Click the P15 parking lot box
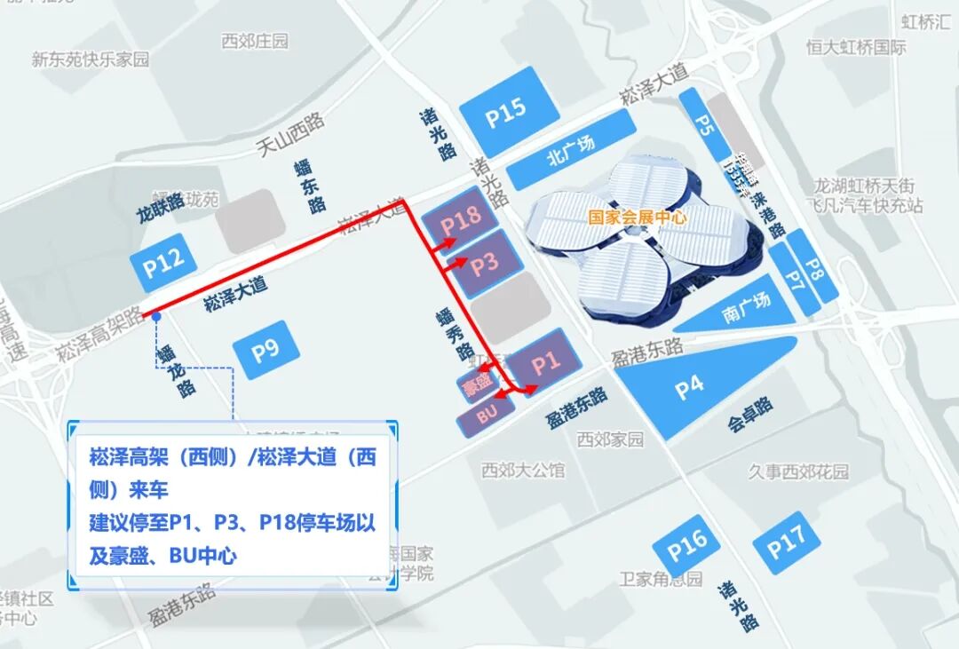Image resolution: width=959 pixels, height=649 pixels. pos(505,110)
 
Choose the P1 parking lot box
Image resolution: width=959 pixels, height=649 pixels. pos(547,361)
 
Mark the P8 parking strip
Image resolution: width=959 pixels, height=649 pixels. pos(810,268)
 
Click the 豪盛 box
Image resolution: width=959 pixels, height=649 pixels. pos(477,384)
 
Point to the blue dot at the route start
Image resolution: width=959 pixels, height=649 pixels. pos(155,315)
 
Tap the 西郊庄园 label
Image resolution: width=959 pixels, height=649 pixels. pos(255,42)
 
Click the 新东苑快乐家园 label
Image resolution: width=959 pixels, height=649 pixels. pos(91,59)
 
